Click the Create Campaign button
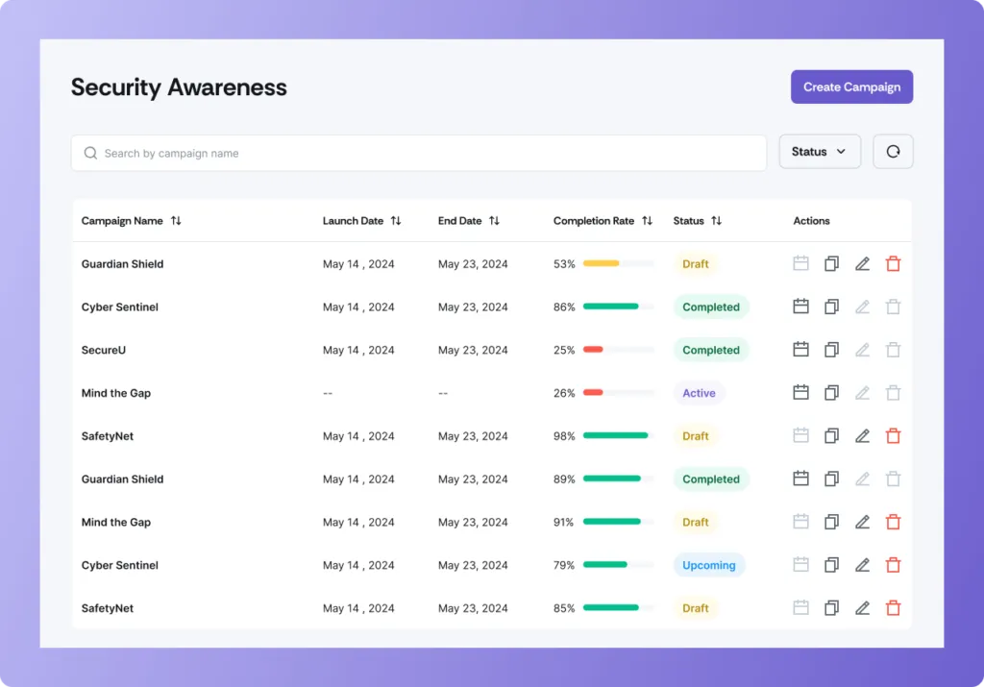point(851,86)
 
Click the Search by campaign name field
point(419,153)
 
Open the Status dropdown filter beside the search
point(819,152)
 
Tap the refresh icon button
point(893,152)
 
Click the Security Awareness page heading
point(179,86)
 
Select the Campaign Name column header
point(122,221)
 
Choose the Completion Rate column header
point(593,221)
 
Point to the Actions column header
point(811,221)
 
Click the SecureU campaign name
point(104,351)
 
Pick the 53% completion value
point(564,264)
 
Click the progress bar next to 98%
point(617,436)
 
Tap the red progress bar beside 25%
point(594,351)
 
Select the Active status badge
point(699,393)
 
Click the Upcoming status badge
point(708,566)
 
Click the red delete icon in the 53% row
point(893,264)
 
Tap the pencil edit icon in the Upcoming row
point(862,566)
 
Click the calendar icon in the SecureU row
point(800,351)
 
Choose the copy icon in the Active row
point(831,393)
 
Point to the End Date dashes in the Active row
point(443,393)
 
